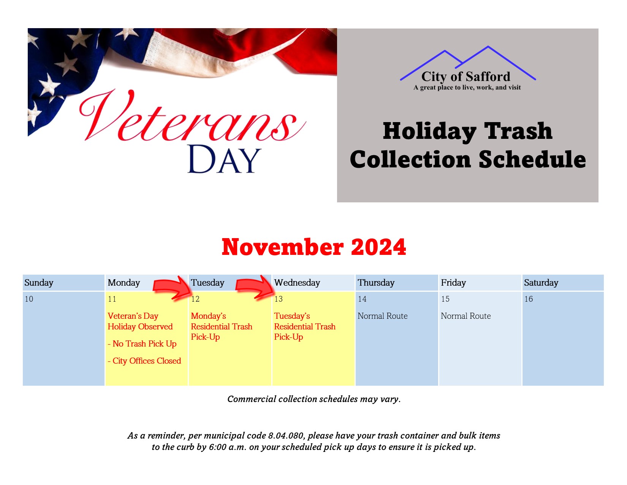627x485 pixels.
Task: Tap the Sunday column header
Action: point(39,283)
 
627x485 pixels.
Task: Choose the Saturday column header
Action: point(541,283)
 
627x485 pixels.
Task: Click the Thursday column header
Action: point(376,283)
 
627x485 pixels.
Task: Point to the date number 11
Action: point(112,299)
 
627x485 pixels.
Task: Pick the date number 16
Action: point(528,299)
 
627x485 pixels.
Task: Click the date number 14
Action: point(362,299)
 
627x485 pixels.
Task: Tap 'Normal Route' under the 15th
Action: point(465,316)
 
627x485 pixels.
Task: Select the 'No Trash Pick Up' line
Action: point(142,344)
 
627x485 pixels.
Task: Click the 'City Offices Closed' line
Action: point(144,361)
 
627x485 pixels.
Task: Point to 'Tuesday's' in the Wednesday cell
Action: point(292,316)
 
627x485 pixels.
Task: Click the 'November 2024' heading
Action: point(313,247)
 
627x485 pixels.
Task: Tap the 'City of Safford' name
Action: point(465,76)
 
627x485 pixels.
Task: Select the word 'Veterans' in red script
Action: point(192,116)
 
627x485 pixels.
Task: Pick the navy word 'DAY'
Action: point(224,159)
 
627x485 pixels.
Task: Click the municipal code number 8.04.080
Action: point(285,435)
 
